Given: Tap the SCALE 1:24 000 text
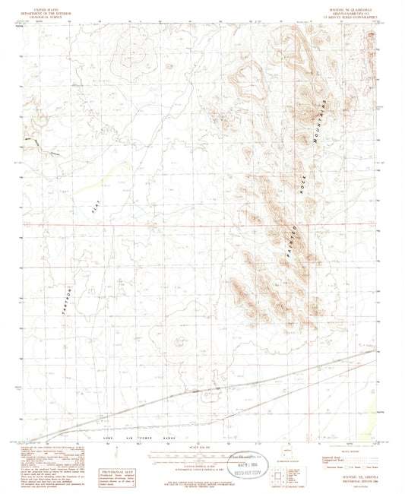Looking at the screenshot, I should pyautogui.click(x=203, y=447).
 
